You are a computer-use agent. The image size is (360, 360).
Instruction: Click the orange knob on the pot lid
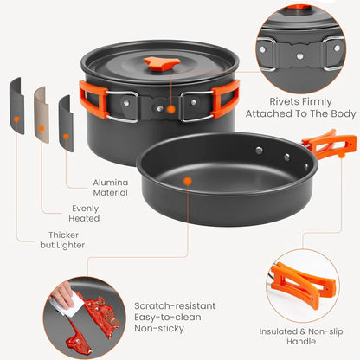point(157,62)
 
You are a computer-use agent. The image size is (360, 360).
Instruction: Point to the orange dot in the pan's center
point(187,180)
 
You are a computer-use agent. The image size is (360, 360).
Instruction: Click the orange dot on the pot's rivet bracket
point(170,110)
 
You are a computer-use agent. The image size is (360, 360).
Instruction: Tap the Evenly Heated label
point(84,213)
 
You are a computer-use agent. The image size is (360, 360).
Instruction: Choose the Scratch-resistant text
point(176,305)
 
